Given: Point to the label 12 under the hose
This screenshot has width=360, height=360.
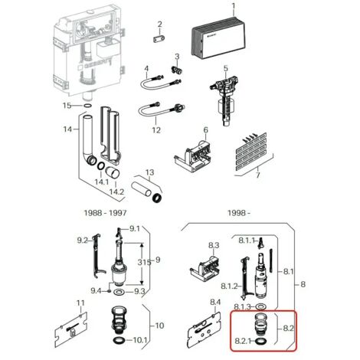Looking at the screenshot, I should click(156, 130).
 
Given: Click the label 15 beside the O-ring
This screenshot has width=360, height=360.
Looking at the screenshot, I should click(67, 105).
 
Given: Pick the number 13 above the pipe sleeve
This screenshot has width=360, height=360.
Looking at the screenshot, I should click(150, 172).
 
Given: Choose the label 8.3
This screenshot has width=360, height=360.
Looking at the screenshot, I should click(214, 245).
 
